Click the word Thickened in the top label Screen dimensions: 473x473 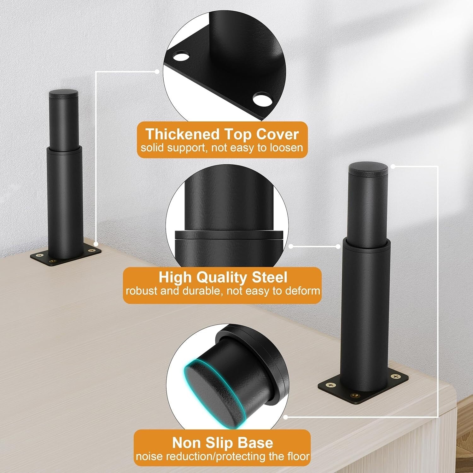pos(182,134)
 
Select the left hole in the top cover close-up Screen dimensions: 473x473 pos(180,57)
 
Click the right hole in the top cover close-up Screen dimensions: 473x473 pos(262,100)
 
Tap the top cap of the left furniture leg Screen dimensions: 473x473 pos(63,94)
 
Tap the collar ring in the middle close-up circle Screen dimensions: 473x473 pos(230,236)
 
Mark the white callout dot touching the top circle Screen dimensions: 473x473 pos(157,72)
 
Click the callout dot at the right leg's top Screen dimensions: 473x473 pos(393,166)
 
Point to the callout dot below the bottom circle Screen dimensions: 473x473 pos(285,417)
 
